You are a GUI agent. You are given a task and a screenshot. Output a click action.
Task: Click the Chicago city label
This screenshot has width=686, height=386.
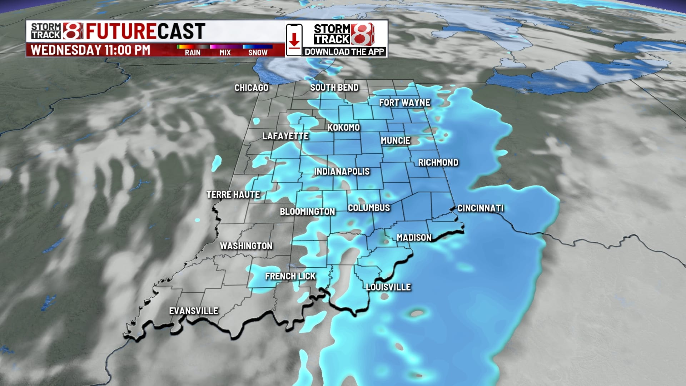click(x=251, y=88)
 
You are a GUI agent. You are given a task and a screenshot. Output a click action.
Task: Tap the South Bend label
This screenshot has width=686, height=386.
click(x=334, y=88)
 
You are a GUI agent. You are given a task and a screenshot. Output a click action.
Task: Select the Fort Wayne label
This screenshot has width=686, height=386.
click(x=404, y=103)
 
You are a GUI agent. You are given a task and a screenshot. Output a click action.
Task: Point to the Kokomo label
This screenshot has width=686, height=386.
click(x=343, y=128)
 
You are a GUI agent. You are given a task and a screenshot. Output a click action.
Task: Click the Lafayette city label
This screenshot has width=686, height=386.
click(x=285, y=136)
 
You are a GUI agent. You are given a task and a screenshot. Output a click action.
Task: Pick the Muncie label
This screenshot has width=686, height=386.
click(x=395, y=141)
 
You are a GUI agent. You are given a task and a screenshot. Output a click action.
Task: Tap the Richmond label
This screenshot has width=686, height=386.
click(x=438, y=163)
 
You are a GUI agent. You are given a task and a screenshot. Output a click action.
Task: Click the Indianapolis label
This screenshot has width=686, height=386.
click(x=342, y=172)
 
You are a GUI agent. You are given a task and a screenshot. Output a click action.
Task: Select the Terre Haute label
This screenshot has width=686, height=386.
click(x=233, y=195)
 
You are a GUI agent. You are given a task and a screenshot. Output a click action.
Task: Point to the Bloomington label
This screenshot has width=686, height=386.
click(x=307, y=212)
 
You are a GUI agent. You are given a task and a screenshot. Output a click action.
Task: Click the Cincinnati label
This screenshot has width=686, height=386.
click(x=480, y=208)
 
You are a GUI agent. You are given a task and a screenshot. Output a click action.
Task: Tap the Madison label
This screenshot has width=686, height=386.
click(x=414, y=238)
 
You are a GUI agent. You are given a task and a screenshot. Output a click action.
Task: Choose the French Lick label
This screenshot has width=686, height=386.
click(x=290, y=276)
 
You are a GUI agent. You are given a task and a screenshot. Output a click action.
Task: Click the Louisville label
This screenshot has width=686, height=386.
click(x=388, y=287)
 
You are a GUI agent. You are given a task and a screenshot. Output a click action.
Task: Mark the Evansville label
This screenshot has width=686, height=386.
click(x=193, y=311)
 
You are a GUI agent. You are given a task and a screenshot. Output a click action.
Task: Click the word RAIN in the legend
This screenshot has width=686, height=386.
click(x=193, y=53)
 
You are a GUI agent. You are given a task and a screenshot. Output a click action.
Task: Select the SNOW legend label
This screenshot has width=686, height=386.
click(x=258, y=53)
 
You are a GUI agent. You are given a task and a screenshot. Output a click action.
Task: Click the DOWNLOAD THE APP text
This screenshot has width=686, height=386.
click(x=344, y=52)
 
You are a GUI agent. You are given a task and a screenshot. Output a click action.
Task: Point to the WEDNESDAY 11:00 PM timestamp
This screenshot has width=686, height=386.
click(x=90, y=50)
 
